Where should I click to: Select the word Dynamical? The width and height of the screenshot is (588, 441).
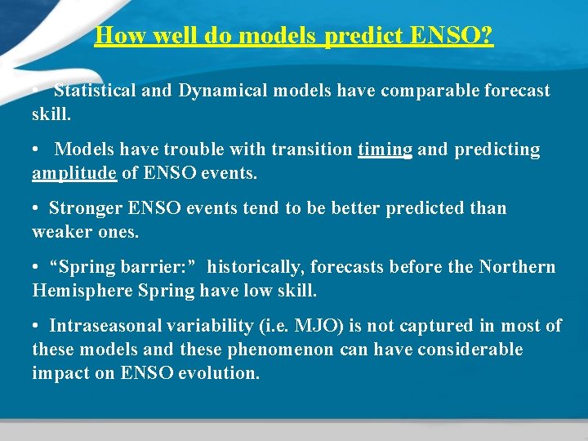223,91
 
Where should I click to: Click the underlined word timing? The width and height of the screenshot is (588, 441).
385,150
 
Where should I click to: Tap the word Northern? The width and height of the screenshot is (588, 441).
517,268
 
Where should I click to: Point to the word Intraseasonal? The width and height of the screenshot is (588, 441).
107,327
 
